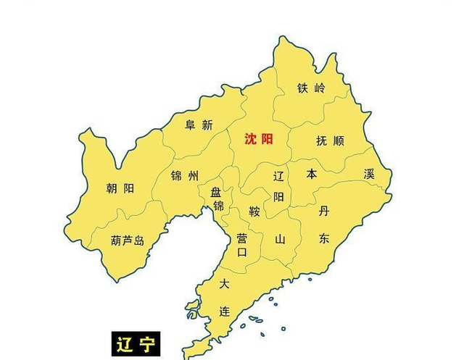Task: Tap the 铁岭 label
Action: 311,88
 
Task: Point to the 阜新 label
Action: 199,125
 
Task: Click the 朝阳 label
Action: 120,188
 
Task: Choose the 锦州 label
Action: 184,176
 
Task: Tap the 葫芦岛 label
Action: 128,240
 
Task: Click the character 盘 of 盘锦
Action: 216,193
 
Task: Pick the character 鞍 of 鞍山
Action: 254,212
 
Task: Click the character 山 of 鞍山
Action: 280,238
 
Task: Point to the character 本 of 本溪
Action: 312,174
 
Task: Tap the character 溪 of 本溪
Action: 369,174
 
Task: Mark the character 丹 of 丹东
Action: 323,211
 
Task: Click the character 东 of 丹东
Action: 323,238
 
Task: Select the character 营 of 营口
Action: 242,238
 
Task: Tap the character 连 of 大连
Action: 225,311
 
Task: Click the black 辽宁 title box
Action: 135,344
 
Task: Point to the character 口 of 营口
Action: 242,252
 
